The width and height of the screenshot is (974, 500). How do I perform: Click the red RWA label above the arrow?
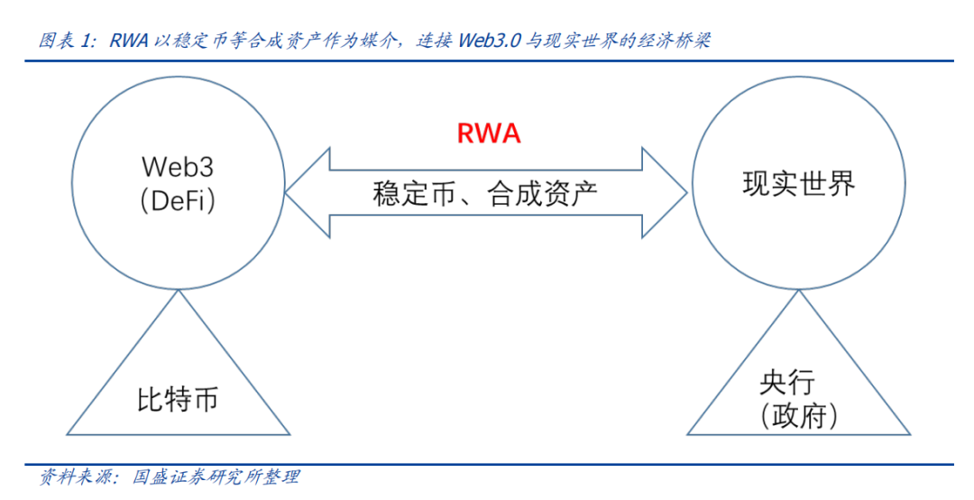(x=489, y=134)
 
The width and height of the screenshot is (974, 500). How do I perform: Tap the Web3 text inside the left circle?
(x=178, y=168)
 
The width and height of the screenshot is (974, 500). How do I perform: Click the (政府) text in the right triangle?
(x=799, y=416)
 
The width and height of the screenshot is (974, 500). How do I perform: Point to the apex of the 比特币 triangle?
(x=178, y=291)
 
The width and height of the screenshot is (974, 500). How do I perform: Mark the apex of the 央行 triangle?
(x=799, y=291)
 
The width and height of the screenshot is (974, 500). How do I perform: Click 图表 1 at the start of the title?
(x=65, y=41)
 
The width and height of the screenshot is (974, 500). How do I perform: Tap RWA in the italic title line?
(x=129, y=41)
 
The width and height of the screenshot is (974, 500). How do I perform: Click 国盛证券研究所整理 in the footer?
(x=216, y=477)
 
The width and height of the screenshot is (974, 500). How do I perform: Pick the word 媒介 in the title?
(x=373, y=41)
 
